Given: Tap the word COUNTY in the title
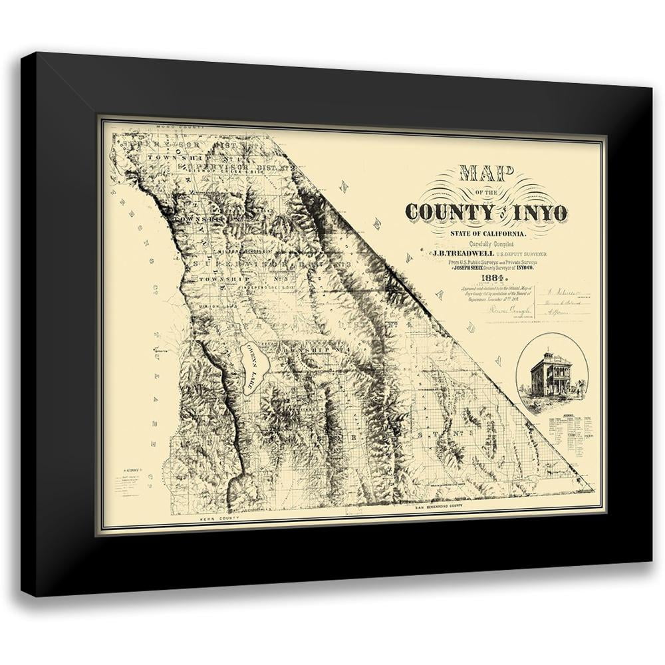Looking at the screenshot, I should click(x=445, y=212).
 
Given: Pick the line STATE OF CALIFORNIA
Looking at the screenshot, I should click(x=489, y=233).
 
